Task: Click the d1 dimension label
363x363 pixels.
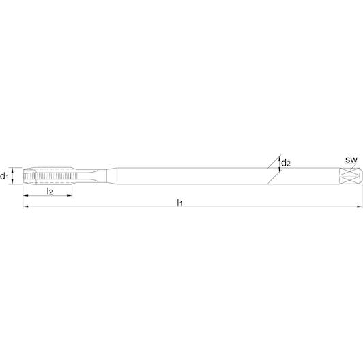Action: pos(4,177)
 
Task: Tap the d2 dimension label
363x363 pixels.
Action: pos(286,163)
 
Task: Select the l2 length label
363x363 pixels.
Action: pos(50,192)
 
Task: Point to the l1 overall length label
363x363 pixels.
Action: pos(179,203)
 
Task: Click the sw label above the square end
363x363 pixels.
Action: pos(351,160)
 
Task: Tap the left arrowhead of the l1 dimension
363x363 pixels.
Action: pos(25,207)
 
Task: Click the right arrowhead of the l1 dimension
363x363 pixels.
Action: pos(359,207)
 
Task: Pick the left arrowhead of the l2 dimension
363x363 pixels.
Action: pos(25,196)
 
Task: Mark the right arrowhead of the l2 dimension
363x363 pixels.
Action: pos(70,196)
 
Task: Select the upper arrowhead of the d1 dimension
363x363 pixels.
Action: pos(13,170)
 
